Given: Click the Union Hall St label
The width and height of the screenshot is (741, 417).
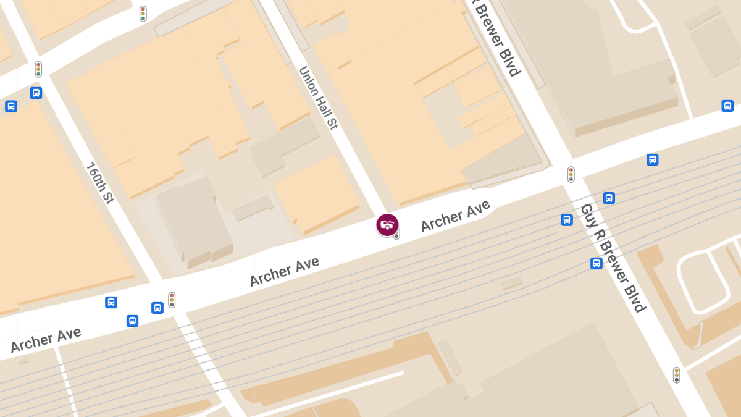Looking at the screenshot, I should [x=319, y=98].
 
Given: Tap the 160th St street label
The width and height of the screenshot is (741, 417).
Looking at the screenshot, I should [x=99, y=183].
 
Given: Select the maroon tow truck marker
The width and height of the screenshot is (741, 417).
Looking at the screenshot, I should [x=387, y=225].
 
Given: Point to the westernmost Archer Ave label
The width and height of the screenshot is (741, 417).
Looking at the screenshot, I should [x=46, y=340].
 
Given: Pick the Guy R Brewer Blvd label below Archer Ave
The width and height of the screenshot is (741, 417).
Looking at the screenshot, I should [x=613, y=258].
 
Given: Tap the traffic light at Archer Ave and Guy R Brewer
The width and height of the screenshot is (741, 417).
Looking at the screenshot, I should [x=571, y=174].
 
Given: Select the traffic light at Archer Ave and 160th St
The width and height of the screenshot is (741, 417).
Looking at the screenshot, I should [x=172, y=300].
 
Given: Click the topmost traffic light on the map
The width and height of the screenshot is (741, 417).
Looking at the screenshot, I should [x=143, y=14].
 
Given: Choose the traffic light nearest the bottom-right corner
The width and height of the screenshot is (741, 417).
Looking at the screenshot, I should [x=677, y=374].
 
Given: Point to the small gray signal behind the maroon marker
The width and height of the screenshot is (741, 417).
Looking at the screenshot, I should [x=396, y=235].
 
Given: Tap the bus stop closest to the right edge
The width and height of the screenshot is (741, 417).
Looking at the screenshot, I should [x=727, y=106].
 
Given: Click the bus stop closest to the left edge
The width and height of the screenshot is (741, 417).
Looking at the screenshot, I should [x=11, y=106].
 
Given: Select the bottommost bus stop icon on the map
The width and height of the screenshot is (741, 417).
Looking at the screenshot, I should [x=132, y=321].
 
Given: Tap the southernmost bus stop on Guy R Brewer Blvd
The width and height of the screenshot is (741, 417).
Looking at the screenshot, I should [x=597, y=263].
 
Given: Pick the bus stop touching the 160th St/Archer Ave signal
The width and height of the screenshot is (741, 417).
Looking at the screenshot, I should [x=157, y=308].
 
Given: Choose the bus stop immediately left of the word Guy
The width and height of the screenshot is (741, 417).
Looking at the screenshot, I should [x=567, y=219].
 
